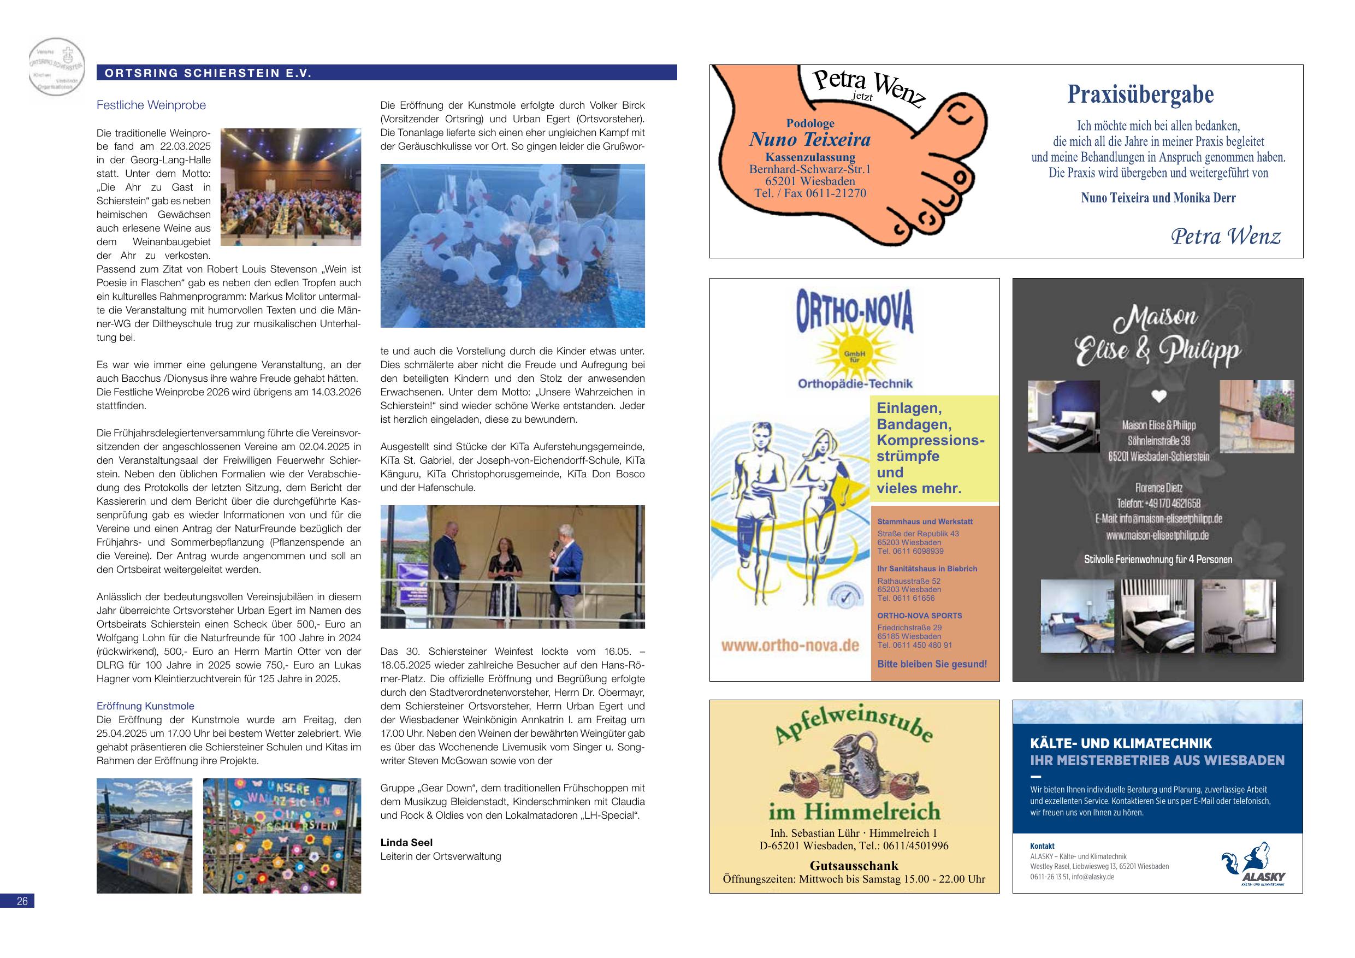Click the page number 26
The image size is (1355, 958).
(22, 901)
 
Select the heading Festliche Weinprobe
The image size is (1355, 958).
(151, 105)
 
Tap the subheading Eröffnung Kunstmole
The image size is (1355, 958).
(145, 706)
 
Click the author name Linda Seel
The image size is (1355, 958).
(406, 842)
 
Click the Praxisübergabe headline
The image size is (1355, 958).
(1140, 94)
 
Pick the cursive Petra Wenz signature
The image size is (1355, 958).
(1226, 236)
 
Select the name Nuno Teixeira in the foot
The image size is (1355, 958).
(810, 140)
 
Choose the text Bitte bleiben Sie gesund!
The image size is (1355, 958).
(932, 664)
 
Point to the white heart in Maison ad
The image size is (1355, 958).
(1159, 396)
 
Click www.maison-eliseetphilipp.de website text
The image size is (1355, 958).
(1157, 535)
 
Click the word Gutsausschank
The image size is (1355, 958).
(854, 865)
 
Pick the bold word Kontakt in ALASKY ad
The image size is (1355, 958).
(1042, 846)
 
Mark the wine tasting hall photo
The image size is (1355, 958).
(291, 187)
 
